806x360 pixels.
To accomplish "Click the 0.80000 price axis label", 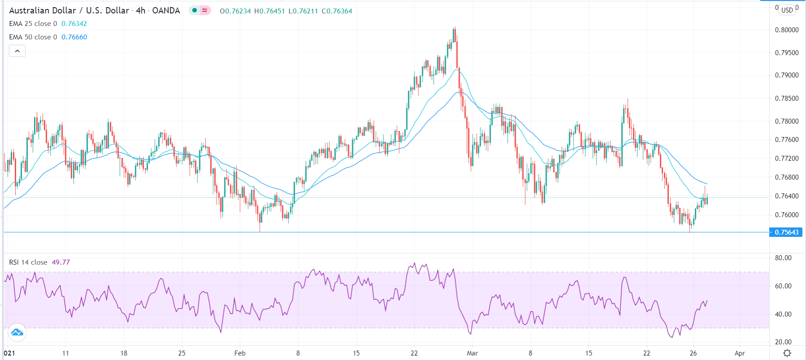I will [x=786, y=30].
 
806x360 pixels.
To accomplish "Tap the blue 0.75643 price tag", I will [x=786, y=232].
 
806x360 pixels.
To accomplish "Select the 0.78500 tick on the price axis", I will [x=786, y=99].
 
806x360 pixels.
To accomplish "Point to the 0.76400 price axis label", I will [x=786, y=196].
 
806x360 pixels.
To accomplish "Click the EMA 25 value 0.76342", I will [x=74, y=24].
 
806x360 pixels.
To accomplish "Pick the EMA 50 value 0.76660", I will [x=74, y=37].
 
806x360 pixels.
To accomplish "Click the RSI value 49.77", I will [x=61, y=262].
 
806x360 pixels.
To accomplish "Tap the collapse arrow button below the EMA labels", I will [x=17, y=51].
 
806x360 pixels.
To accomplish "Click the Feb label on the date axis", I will [x=240, y=353].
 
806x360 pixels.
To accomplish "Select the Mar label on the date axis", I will [x=472, y=353].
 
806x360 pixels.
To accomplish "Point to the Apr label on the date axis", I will [x=740, y=353].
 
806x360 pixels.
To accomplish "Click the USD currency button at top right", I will [x=787, y=10].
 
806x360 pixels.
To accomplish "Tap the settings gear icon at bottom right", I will [x=787, y=353].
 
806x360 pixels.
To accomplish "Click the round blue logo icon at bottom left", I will [x=17, y=332].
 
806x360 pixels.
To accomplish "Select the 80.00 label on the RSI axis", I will [x=783, y=258].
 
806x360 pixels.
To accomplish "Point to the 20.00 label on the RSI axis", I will [x=783, y=342].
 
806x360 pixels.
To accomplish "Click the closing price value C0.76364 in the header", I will [x=337, y=11].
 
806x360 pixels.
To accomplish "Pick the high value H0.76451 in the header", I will [x=269, y=11].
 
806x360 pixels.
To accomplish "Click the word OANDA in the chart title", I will [x=166, y=11].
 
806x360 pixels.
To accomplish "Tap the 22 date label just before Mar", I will [x=414, y=353].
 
